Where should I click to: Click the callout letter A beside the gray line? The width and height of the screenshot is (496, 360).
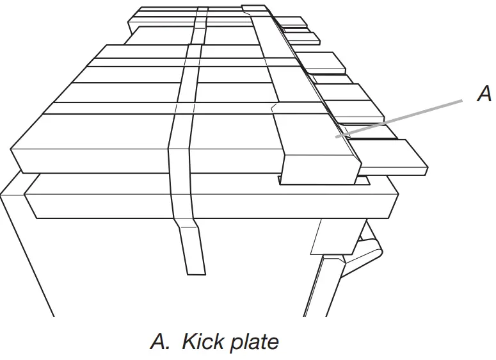pos(484,95)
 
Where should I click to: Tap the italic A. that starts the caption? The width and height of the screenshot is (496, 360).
pos(161,341)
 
